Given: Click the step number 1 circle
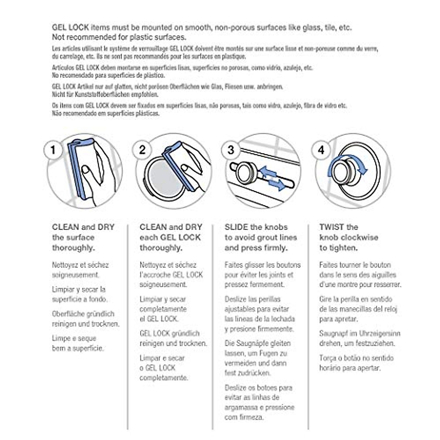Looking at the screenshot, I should (54, 150).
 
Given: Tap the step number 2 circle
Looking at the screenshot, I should (142, 150).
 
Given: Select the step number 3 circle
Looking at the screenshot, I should (231, 150).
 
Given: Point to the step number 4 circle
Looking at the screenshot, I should (321, 150).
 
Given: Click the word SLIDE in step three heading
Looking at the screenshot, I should (236, 227).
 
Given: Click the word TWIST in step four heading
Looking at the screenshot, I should (332, 227).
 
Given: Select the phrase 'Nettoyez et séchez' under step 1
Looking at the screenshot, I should (80, 265).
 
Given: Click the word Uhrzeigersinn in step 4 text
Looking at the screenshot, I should (379, 334).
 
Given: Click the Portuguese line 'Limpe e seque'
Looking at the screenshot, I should (74, 338).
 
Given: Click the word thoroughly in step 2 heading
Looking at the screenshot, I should (161, 248).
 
